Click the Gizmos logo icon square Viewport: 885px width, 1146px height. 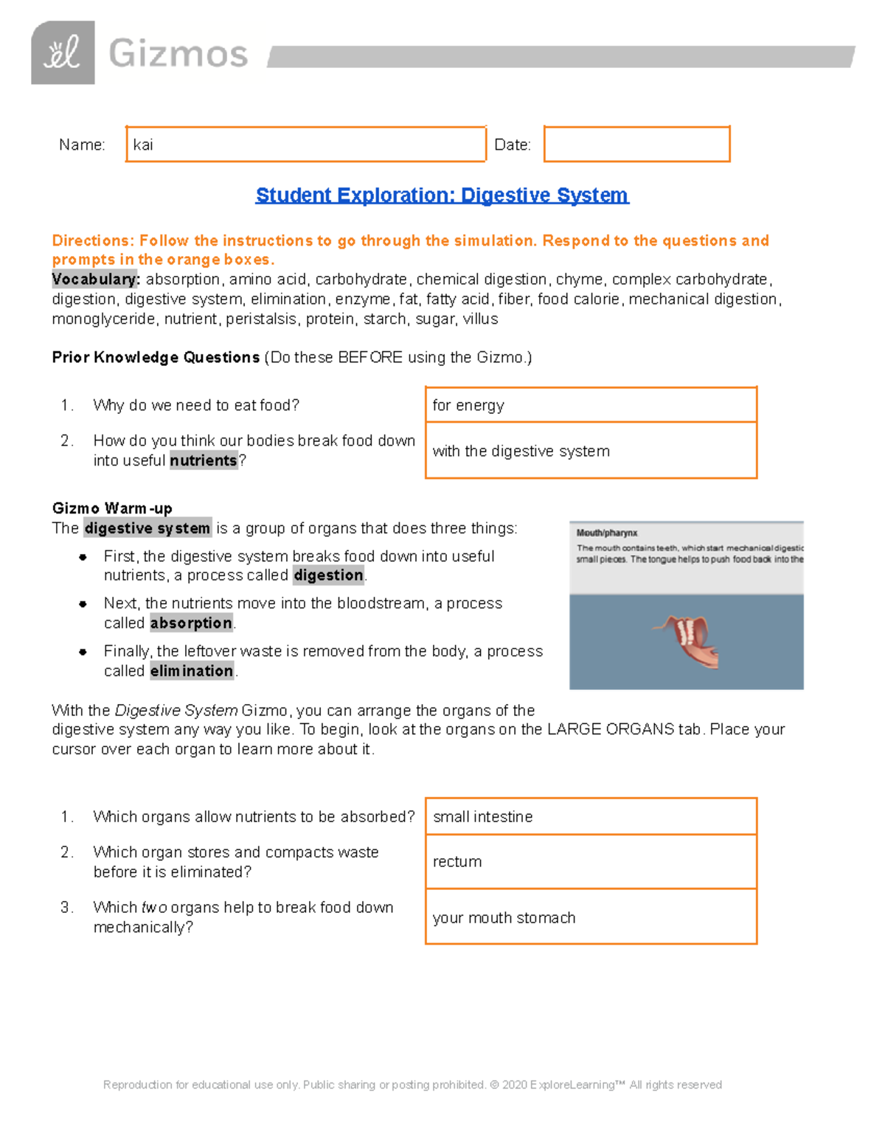click(63, 52)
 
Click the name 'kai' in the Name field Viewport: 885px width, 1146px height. click(143, 145)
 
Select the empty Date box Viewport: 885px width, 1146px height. click(636, 144)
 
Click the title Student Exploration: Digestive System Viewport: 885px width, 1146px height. click(442, 195)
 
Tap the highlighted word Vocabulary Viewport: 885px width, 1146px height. click(95, 280)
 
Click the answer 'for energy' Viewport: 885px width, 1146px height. click(468, 405)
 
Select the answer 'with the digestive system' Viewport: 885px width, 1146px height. click(521, 451)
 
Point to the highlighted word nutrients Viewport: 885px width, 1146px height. click(204, 460)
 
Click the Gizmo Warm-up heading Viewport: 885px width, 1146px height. click(112, 508)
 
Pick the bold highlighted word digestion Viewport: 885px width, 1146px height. click(328, 576)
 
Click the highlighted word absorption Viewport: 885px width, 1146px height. click(191, 624)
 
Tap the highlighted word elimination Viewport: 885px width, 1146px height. click(192, 672)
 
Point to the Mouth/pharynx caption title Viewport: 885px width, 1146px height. click(607, 533)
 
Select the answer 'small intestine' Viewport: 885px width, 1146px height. click(482, 817)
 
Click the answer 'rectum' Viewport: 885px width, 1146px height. click(457, 862)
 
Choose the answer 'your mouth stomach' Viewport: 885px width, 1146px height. click(504, 918)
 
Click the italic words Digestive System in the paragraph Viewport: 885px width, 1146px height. click(176, 711)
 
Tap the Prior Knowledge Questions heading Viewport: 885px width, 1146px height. click(156, 357)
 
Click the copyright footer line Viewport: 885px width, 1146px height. click(412, 1085)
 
